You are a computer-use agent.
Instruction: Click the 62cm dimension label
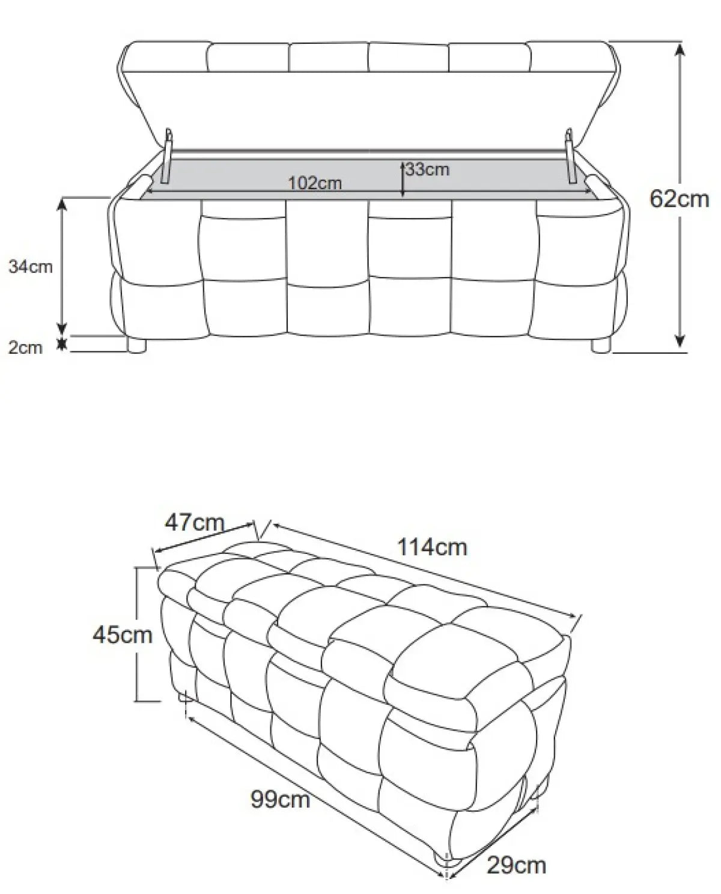click(x=679, y=199)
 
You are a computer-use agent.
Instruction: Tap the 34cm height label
click(x=30, y=267)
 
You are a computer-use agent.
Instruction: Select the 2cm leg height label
click(x=25, y=347)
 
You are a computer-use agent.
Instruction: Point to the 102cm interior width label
click(x=315, y=183)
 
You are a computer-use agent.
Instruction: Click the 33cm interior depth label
click(x=428, y=169)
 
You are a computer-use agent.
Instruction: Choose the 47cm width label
click(x=195, y=522)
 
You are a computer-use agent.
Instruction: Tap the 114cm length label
click(x=432, y=547)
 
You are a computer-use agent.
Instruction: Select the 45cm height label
click(x=122, y=635)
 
